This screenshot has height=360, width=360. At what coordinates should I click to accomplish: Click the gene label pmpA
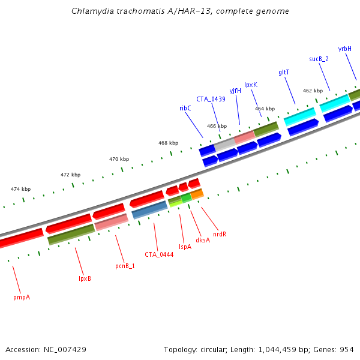point(22,296)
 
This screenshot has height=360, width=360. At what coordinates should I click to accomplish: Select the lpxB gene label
point(85,278)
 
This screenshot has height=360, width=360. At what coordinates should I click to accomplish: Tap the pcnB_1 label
point(125,265)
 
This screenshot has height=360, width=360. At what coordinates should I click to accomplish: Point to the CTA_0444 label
point(159,254)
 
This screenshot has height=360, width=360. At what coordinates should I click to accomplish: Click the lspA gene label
point(185,247)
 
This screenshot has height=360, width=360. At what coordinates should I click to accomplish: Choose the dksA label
point(203,240)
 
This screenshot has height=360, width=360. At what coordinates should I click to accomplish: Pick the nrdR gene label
point(220,234)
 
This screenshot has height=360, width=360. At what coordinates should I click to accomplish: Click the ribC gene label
point(185,108)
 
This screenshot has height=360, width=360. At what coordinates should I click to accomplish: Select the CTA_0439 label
point(211,99)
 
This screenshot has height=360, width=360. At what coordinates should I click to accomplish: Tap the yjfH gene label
point(235,91)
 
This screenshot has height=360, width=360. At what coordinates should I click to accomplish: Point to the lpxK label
point(251,85)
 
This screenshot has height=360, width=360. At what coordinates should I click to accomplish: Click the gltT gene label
point(284,72)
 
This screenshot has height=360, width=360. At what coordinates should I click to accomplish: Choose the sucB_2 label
point(319,59)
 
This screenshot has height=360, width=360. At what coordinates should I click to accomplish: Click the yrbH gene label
point(344,49)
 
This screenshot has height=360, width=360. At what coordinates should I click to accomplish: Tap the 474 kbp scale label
point(20,189)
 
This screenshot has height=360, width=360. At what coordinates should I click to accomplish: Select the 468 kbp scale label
point(168,143)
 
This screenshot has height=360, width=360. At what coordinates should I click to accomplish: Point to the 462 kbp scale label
point(313,91)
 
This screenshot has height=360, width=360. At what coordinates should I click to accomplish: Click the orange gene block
point(197,194)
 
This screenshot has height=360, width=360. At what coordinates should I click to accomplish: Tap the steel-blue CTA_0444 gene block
point(149,209)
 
